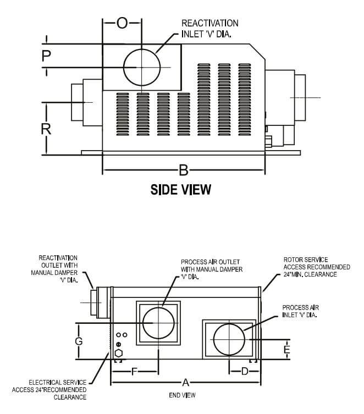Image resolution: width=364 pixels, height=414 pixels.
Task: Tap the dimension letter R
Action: coord(47,130)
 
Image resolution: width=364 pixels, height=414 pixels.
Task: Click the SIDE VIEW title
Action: coord(181,190)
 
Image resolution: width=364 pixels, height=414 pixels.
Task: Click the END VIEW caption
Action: coord(181,395)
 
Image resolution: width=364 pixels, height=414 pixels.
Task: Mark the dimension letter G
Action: coord(79,341)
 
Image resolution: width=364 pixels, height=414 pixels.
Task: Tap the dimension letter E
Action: coord(286,349)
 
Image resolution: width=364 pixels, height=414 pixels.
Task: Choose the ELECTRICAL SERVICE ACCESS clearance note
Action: coord(49,389)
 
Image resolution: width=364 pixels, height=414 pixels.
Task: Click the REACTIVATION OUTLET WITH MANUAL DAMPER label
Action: coord(58,268)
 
